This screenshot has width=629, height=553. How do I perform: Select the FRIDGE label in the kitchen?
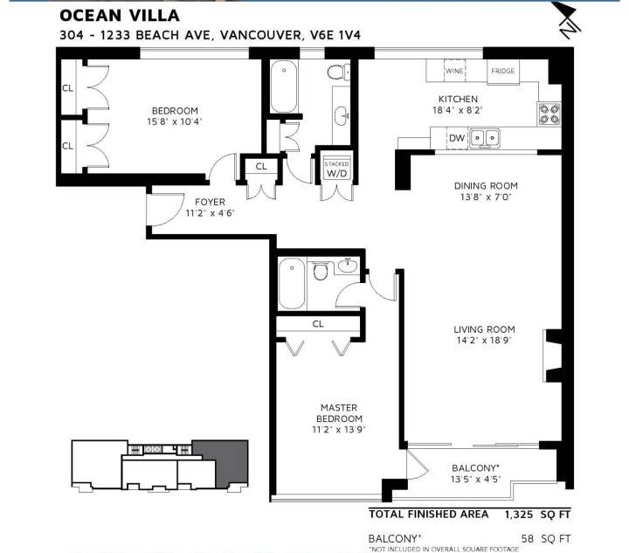(502, 71)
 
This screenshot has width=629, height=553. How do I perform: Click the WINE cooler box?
(454, 71)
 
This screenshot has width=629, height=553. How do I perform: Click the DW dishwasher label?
(455, 137)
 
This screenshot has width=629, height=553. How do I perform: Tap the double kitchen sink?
(485, 137)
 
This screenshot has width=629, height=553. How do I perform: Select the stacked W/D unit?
(336, 169)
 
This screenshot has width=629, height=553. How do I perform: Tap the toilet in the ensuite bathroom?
(321, 273)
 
